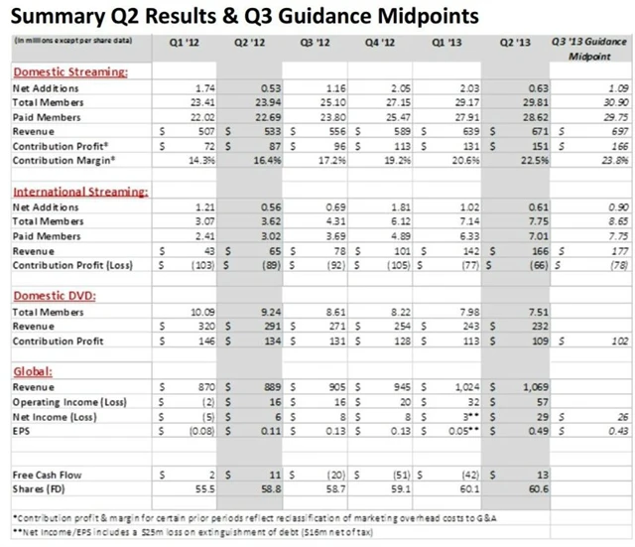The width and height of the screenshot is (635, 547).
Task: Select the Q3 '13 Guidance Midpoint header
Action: tap(591, 50)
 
